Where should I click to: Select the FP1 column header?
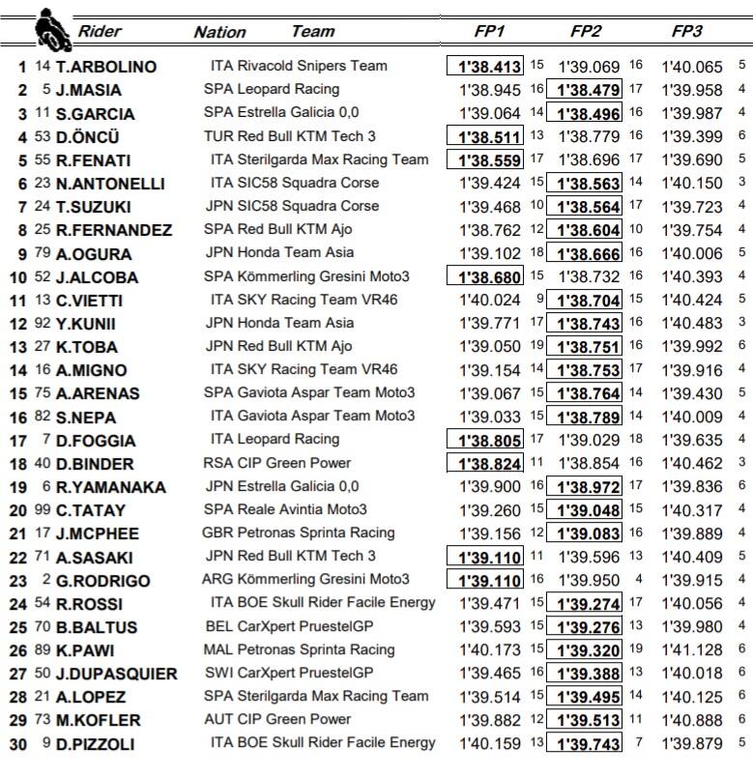tap(489, 31)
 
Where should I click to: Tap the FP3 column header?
tap(685, 31)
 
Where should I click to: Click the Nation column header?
tap(219, 32)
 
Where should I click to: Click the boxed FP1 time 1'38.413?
tap(485, 67)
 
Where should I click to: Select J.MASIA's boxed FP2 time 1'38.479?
tap(585, 90)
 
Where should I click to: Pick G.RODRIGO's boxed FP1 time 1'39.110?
tap(485, 580)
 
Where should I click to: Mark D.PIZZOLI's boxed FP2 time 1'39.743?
tap(585, 743)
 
